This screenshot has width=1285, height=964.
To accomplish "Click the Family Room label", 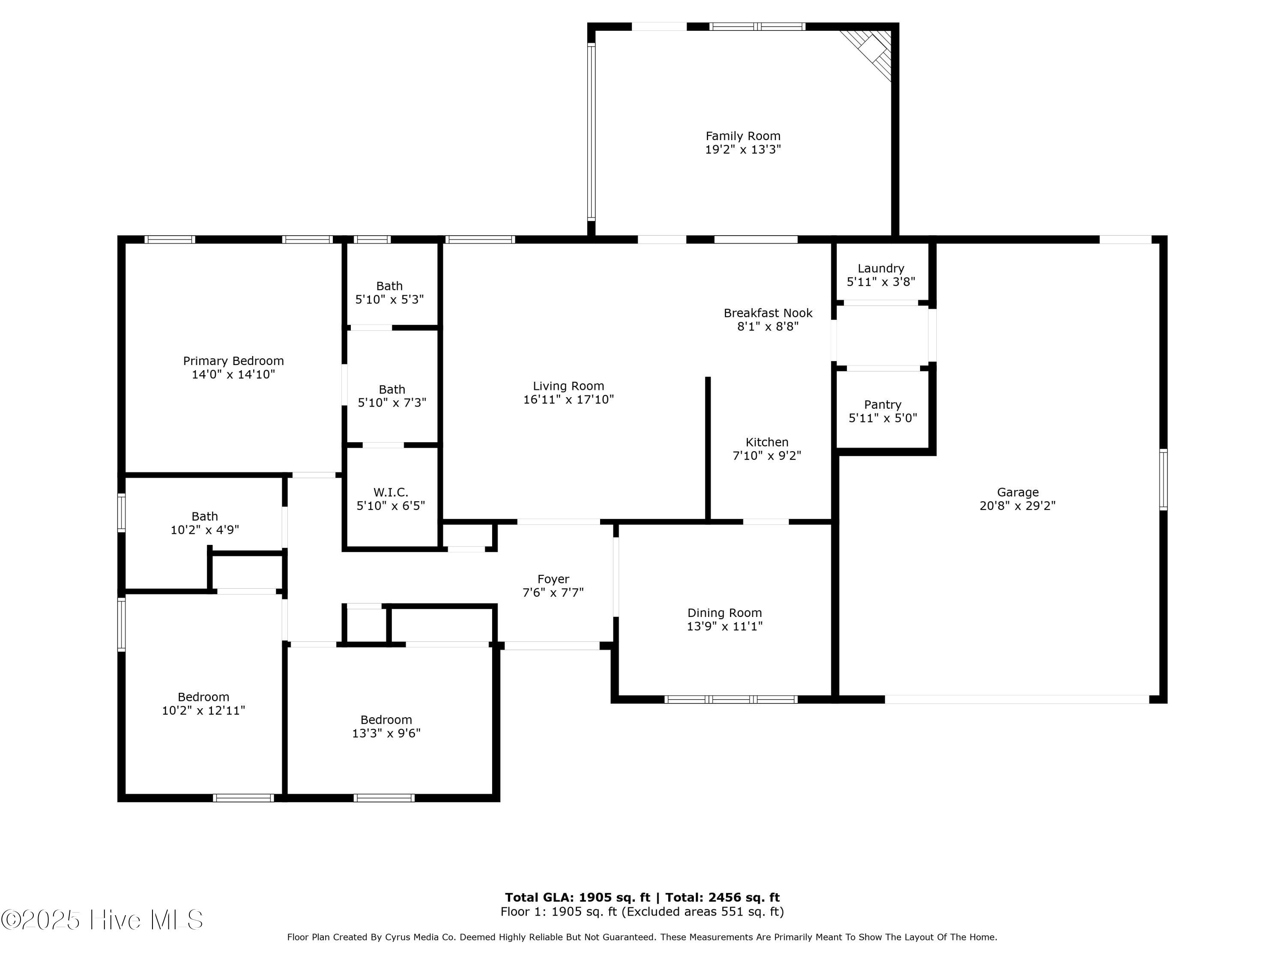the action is [x=743, y=136].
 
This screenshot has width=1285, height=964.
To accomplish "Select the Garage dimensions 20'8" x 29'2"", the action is [x=1017, y=506].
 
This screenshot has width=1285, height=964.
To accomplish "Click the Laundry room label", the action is [x=881, y=269].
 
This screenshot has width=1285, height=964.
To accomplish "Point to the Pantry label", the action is [x=882, y=404].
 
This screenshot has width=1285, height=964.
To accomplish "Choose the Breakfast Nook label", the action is [x=768, y=313].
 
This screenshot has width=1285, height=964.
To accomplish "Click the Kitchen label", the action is [x=767, y=442].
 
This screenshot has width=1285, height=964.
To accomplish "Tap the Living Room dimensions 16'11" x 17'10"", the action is [x=568, y=399].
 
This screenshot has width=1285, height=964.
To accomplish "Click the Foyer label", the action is [x=553, y=579].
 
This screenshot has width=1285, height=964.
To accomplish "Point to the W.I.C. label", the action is [x=390, y=492].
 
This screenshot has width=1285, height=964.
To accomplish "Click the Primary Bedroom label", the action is [x=233, y=361].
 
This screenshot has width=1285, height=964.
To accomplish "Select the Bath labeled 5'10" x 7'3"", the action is [x=391, y=396].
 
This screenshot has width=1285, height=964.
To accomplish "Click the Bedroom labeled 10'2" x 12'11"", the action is [x=203, y=703].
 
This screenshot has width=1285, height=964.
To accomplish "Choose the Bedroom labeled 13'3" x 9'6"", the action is [x=386, y=726].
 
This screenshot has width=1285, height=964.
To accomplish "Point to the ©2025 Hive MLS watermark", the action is [x=102, y=920].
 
